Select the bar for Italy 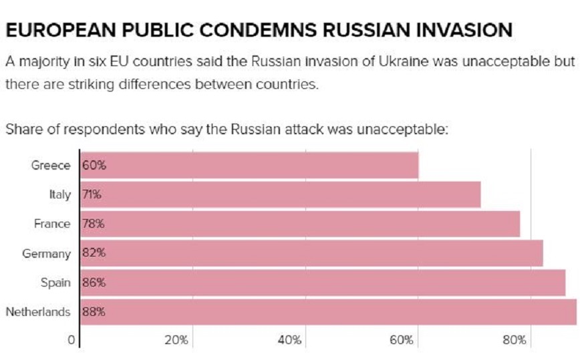(x=281, y=195)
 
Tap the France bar (x=300, y=224)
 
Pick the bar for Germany (x=311, y=253)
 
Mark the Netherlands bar (x=328, y=311)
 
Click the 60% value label (x=94, y=166)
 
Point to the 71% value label (x=92, y=195)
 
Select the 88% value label (x=94, y=311)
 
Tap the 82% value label (x=94, y=253)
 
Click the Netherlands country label (x=38, y=311)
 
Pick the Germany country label (x=46, y=253)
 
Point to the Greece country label (x=51, y=166)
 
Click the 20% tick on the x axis (x=176, y=341)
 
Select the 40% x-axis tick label (x=289, y=341)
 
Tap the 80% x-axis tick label (x=515, y=341)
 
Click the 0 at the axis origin (x=70, y=341)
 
